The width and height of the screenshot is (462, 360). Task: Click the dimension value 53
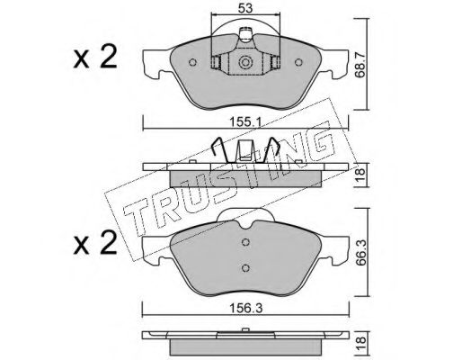click(245, 8)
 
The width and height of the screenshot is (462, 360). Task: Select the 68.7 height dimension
click(360, 65)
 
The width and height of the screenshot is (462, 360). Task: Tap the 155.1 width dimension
click(245, 122)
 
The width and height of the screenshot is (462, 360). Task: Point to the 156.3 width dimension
click(245, 308)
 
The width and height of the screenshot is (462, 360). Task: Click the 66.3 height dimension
click(360, 252)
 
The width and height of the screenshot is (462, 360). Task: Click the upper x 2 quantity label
click(94, 58)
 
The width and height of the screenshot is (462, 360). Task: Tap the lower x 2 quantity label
click(94, 244)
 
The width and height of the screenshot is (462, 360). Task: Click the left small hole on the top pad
click(192, 62)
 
